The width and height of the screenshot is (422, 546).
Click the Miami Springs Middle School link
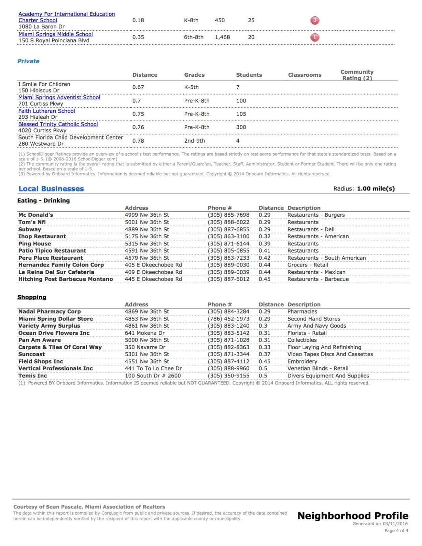pos(56,34)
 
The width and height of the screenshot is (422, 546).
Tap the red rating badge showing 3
pos(314,20)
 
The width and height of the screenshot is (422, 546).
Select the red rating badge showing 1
pos(314,37)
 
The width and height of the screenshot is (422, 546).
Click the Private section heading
pos(28,61)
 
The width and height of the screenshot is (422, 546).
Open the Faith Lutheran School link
pos(47,111)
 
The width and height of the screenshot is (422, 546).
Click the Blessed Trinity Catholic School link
pos(58,124)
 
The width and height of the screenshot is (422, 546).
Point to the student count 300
pos(241,127)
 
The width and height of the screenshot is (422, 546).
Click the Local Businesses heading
pos(51,189)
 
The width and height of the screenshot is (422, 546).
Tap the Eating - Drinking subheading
pos(43,201)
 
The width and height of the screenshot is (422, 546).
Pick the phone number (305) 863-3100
pos(228,236)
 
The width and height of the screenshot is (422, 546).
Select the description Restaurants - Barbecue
pos(318,279)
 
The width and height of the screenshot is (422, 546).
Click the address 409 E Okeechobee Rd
pos(153,272)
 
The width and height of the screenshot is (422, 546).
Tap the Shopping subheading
pos(32,297)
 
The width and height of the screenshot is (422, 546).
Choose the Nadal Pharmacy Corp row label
pos(50,312)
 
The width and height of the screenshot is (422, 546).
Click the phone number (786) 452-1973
pos(228,319)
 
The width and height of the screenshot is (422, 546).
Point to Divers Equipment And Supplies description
pos(328,376)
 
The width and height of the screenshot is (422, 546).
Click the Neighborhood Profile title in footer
pos(353,516)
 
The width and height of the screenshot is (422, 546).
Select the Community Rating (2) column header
pos(357,75)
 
